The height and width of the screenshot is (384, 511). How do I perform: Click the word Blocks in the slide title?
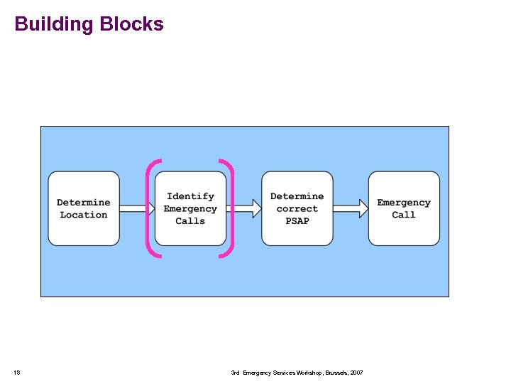(x=132, y=24)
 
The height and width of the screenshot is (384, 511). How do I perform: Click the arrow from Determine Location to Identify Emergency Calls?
(x=137, y=208)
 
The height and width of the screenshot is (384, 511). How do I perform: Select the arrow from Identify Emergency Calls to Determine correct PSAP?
(x=243, y=208)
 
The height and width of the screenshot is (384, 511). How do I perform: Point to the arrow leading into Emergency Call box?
(x=351, y=208)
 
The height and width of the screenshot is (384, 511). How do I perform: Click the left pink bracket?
(x=149, y=208)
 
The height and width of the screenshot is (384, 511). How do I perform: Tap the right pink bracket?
(x=231, y=208)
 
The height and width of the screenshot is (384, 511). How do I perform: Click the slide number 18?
(x=17, y=373)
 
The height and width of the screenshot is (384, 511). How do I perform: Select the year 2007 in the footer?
(x=356, y=373)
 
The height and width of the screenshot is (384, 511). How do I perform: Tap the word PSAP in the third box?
(x=297, y=221)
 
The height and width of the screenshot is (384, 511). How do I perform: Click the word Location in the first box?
(x=84, y=215)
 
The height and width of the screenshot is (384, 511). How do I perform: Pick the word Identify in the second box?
(x=190, y=196)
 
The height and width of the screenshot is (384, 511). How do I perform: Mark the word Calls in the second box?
(x=190, y=221)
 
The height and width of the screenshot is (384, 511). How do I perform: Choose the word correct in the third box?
(x=297, y=209)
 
